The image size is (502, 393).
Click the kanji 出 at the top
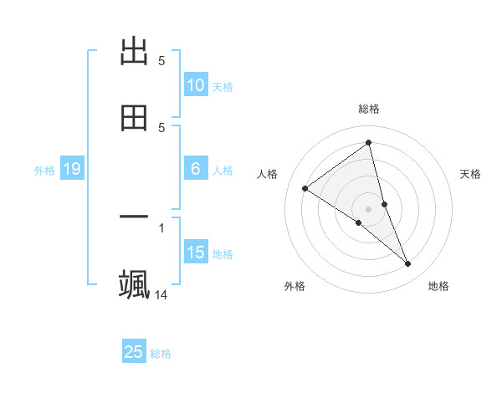[x=134, y=53]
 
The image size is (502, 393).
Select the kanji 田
[x=134, y=118]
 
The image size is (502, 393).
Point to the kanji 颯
[x=134, y=284]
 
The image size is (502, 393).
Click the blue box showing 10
[x=195, y=85]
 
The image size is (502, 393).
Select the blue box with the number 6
[x=195, y=169]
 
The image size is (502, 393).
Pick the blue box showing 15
[x=195, y=253]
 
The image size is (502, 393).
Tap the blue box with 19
[x=71, y=170]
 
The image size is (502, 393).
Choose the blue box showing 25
[x=134, y=352]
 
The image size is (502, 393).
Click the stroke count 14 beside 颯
[x=161, y=294]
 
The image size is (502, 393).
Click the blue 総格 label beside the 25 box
[x=161, y=353]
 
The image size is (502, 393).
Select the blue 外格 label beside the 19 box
[x=44, y=171]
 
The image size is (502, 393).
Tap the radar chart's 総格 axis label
[x=368, y=109]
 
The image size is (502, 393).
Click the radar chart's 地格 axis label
[x=438, y=286]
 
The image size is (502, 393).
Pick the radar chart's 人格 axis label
[x=268, y=174]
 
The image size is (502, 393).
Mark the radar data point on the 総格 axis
[x=368, y=142]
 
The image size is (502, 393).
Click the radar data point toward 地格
[x=408, y=264]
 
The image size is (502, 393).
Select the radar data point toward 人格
[x=305, y=188]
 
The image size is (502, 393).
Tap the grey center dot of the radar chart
[x=368, y=208]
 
